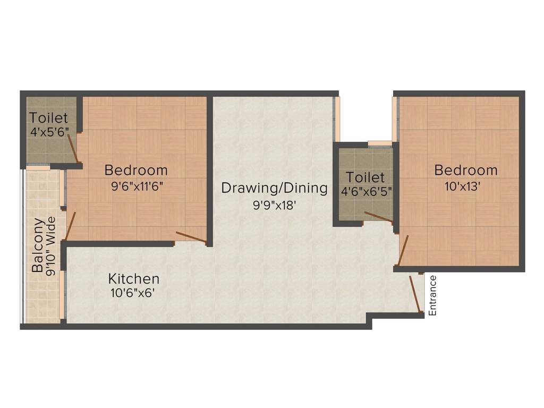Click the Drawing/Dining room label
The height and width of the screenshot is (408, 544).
(x=274, y=188)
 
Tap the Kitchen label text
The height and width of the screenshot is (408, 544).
(x=133, y=278)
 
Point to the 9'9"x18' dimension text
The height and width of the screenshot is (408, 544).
(x=274, y=205)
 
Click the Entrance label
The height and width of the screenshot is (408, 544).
(x=432, y=295)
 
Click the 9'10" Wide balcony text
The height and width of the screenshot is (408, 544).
(x=52, y=245)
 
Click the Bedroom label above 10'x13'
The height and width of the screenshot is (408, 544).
(x=466, y=171)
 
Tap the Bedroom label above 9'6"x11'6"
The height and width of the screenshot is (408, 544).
(x=136, y=171)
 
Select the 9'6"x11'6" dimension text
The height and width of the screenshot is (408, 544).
(x=136, y=186)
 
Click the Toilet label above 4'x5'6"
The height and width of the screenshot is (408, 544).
(x=48, y=117)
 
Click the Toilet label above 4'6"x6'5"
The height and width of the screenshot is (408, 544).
(x=365, y=177)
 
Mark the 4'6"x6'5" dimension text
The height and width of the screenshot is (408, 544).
(x=365, y=191)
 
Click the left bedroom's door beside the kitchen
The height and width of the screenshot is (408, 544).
(x=191, y=238)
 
